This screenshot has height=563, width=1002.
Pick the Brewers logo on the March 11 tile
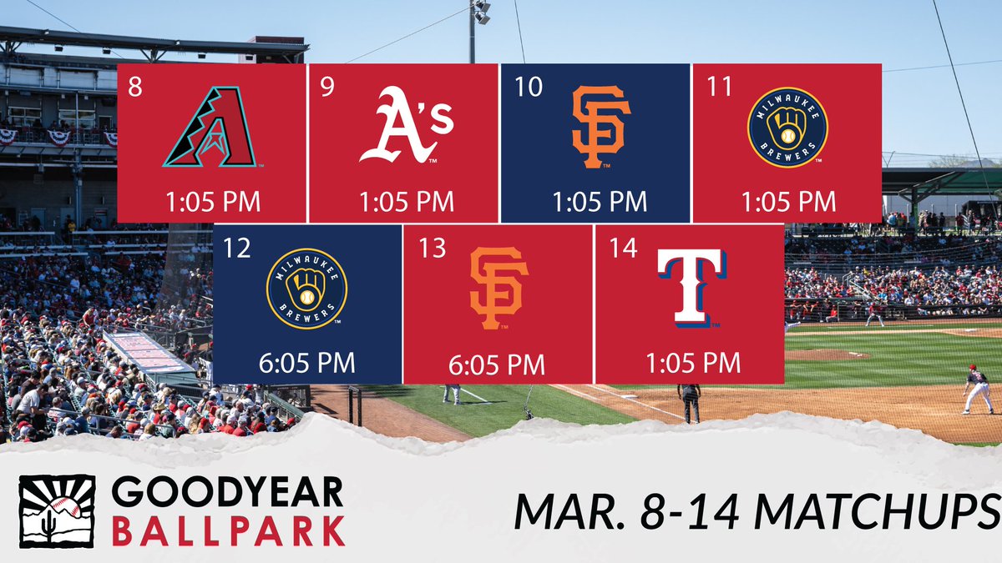787,128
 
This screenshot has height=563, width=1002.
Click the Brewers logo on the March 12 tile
306,289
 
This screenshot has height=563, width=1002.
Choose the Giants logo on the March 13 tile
498,289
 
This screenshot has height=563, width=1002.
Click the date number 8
135,88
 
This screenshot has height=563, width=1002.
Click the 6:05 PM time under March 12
306,363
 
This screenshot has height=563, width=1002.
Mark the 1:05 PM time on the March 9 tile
406,202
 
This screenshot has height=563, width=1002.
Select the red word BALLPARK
227,530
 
